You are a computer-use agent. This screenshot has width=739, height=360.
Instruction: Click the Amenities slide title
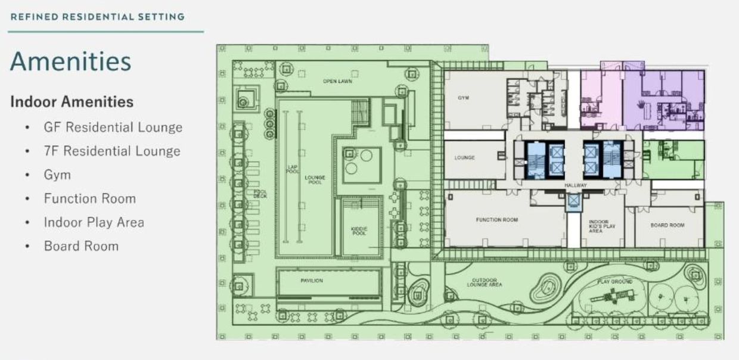70,61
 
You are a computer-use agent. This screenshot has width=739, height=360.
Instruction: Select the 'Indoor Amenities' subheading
72,101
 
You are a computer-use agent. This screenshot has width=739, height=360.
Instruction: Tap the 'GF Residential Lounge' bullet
113,127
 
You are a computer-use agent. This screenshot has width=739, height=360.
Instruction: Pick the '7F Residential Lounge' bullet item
112,151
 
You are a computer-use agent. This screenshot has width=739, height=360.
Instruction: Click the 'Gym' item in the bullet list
57,175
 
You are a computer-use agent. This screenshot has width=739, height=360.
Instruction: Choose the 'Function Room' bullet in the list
89,198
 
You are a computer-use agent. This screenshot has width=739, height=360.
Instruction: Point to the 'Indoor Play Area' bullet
94,222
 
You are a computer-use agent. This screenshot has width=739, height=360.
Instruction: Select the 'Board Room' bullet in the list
81,246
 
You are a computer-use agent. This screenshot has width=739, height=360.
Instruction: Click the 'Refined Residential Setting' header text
97,17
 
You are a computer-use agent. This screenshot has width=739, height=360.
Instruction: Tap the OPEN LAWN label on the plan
337,81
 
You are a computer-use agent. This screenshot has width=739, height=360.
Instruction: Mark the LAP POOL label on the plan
293,169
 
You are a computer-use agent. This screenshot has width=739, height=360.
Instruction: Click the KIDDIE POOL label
359,231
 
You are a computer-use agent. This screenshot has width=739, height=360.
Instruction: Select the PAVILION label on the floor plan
312,280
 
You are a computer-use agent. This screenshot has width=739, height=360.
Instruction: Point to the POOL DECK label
260,194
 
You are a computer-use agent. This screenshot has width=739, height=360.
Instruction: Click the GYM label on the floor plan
463,98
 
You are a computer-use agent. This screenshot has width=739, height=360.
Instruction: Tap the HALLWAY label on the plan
576,186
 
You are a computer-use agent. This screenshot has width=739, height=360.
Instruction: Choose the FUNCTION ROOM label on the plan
496,220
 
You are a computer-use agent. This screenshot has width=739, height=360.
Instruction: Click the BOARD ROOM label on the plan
667,225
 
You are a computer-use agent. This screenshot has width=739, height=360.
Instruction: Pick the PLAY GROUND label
616,281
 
